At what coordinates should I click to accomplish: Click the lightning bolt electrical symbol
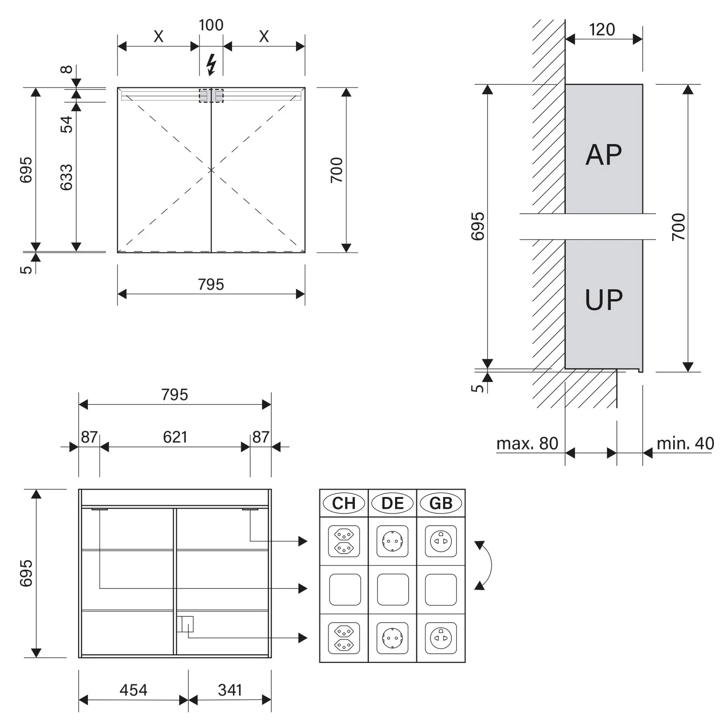click(x=211, y=65)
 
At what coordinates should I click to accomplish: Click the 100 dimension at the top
click(x=211, y=25)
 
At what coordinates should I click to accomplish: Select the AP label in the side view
click(x=604, y=155)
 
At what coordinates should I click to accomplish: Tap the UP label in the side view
click(x=604, y=299)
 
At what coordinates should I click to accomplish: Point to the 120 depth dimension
click(x=602, y=30)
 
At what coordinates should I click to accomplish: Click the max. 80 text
click(x=527, y=443)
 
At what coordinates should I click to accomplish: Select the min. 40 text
click(x=685, y=443)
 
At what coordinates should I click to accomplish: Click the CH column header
click(x=344, y=503)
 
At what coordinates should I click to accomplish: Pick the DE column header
click(x=393, y=503)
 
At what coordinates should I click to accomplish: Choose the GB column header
click(x=441, y=503)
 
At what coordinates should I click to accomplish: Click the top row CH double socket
click(x=344, y=541)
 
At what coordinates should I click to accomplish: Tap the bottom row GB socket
click(x=441, y=638)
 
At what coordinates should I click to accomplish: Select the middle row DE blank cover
click(x=393, y=590)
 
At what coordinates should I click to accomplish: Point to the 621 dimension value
click(x=175, y=437)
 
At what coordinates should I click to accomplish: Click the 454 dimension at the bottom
click(x=133, y=690)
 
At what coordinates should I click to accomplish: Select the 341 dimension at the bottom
click(x=230, y=690)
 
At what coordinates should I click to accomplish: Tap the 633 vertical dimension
click(x=66, y=177)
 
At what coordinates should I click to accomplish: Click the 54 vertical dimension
click(x=66, y=124)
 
